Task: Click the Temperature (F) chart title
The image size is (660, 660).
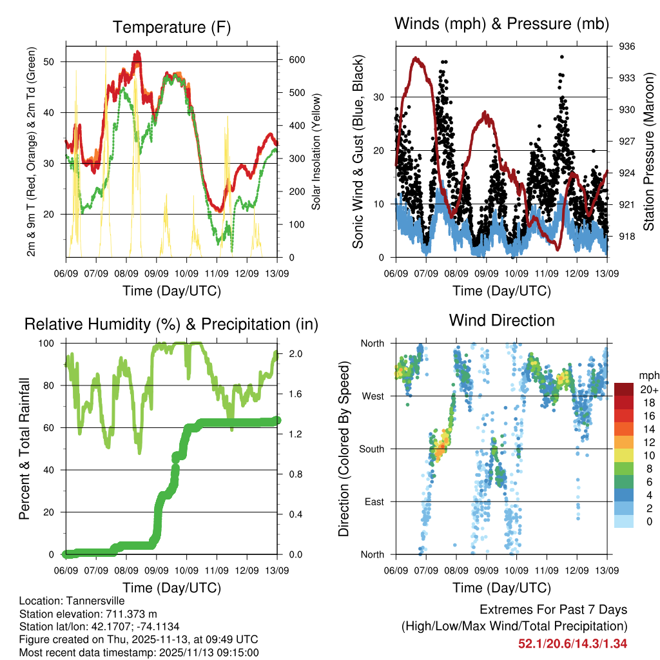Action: (171, 27)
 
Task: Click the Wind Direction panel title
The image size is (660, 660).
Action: (501, 320)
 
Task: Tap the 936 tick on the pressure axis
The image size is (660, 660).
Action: (628, 46)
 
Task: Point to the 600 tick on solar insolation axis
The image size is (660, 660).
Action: (296, 59)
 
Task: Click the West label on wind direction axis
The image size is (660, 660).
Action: (373, 396)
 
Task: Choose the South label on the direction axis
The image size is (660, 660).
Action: (372, 449)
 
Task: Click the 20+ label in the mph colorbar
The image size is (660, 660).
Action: (648, 389)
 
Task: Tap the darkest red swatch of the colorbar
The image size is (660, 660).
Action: (625, 389)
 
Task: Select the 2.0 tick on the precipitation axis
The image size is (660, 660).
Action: (296, 354)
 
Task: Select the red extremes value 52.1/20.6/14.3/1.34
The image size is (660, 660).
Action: (573, 643)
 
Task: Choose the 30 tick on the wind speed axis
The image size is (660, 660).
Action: (381, 97)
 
